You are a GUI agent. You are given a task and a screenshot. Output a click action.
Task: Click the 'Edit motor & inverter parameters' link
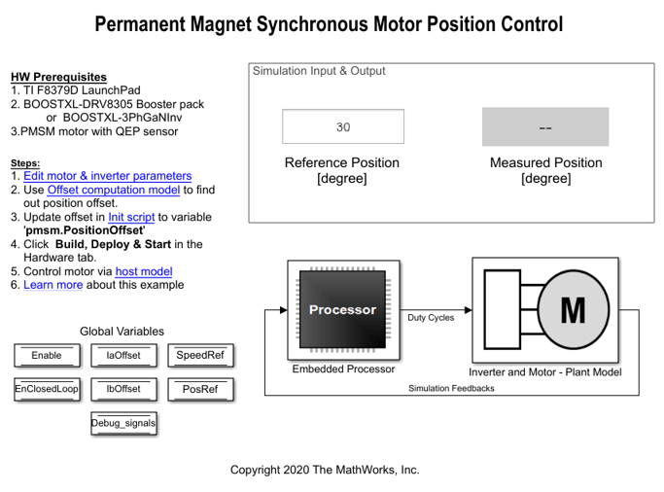coord(107,176)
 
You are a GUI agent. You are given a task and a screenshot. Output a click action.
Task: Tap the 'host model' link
coord(144,271)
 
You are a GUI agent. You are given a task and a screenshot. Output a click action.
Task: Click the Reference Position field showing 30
coord(343,127)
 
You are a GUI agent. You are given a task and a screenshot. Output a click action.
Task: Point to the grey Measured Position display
coord(545,127)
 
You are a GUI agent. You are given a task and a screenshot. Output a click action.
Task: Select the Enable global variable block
coord(46,356)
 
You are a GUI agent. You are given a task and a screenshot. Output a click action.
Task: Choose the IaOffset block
coord(123,356)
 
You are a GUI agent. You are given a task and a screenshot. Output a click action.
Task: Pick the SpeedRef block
coord(200,356)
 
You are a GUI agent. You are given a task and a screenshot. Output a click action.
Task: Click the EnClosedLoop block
coord(46,389)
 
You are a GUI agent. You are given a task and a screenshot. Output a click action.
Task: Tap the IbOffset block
coord(123,389)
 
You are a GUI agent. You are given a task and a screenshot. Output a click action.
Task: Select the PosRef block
coord(200,389)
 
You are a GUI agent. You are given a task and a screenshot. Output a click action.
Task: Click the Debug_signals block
coord(123,422)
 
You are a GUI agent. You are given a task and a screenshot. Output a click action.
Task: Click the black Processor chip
coord(342,310)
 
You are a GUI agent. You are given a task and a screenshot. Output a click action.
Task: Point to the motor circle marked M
coord(573,310)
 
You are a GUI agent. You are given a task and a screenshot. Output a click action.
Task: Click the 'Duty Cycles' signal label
coord(431,318)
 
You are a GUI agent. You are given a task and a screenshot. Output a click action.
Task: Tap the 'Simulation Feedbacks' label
coord(451,389)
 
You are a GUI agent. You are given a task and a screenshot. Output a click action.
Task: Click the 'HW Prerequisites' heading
coord(58,77)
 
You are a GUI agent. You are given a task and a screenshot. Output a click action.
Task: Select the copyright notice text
coord(325,470)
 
